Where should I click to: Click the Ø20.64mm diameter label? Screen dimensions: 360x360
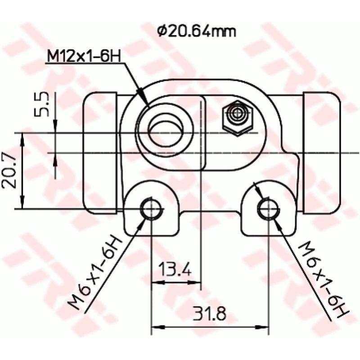(x=197, y=31)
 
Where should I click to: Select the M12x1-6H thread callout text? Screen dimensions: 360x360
(x=84, y=58)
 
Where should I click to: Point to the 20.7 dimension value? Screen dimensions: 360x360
(x=10, y=171)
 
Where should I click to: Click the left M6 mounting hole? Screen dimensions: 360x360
(x=151, y=208)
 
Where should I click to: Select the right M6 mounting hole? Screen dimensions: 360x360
(x=268, y=208)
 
